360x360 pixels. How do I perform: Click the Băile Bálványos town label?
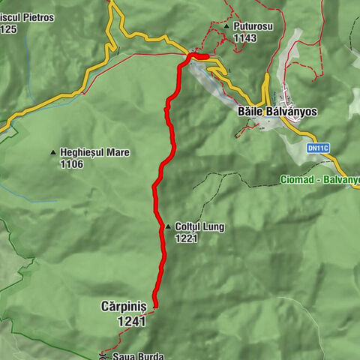click(277, 111)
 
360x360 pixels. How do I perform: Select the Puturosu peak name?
click(253, 26)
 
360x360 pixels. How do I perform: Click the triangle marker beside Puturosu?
click(226, 26)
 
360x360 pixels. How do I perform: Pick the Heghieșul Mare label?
click(94, 152)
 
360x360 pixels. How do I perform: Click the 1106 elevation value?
click(72, 163)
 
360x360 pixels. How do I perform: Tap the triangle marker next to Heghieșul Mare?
click(52, 153)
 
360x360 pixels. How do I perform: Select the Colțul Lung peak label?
click(199, 226)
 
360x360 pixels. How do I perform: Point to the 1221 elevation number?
click(186, 238)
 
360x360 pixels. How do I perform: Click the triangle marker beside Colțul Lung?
click(168, 226)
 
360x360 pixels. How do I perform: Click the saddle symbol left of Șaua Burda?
click(103, 357)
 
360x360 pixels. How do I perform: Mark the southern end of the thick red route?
click(155, 305)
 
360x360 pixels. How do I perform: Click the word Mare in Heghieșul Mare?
click(117, 152)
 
